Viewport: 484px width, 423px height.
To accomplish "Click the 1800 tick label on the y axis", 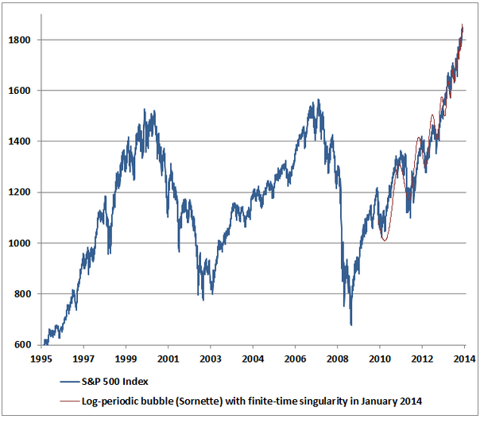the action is [19, 40].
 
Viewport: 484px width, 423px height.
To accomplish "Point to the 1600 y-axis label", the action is [19, 91].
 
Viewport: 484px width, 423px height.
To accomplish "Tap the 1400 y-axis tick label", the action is [19, 142].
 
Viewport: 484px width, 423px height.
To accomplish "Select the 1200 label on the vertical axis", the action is [19, 192].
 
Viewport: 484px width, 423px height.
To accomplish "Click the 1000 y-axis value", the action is [19, 243].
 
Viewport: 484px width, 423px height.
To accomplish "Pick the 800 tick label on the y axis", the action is [22, 294].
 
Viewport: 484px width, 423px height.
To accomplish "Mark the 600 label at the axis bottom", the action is [22, 344].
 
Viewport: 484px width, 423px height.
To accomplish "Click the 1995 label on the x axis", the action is [41, 359].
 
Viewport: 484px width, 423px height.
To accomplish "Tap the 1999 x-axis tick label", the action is [126, 359].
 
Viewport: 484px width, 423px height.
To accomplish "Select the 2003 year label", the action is [210, 359].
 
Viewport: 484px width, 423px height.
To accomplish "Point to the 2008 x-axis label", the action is [338, 359].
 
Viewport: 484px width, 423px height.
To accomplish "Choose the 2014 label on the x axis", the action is [465, 359].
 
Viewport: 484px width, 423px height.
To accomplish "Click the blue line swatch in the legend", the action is [70, 382].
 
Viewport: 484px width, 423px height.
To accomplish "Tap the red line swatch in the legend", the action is [70, 402].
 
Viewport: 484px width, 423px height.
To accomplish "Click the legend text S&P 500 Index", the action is [114, 382].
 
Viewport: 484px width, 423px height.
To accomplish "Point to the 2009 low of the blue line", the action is [351, 325].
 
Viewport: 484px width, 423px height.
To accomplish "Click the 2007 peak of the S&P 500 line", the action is [318, 99].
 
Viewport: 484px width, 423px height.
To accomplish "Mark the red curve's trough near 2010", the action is [385, 241].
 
